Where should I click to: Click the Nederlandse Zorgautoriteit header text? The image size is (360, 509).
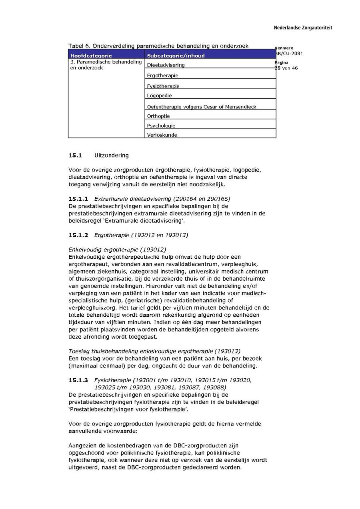(x=303, y=28)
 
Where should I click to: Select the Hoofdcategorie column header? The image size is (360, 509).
(x=91, y=56)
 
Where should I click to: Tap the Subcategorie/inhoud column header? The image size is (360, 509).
(x=176, y=56)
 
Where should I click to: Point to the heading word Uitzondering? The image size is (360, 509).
(x=112, y=155)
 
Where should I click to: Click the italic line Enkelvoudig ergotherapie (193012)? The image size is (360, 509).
(x=117, y=250)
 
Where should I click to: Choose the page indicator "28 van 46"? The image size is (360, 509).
(x=286, y=68)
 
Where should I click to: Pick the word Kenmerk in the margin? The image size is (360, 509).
(x=284, y=48)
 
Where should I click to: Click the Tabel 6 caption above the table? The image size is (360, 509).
(x=158, y=46)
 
